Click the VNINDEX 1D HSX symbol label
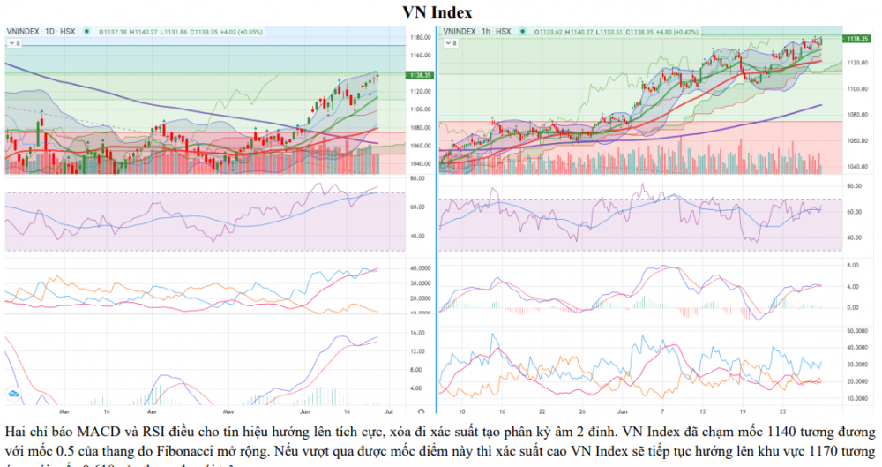pos(41,32)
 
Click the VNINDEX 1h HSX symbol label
pos(477,32)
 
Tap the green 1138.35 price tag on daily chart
pos(421,76)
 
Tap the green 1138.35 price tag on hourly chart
pos(857,39)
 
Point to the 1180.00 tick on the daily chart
pos(420,37)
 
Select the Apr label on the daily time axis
pos(152,411)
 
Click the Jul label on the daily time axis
pos(389,411)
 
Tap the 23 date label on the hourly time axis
pos(782,411)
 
